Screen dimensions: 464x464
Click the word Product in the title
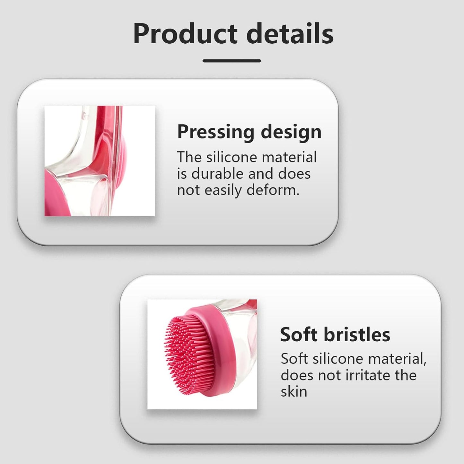(185, 34)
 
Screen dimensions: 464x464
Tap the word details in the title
(290, 34)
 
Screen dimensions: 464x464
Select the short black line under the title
(232, 61)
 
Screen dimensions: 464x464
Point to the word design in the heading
(291, 132)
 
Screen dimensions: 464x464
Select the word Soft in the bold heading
(299, 335)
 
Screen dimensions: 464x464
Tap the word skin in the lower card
(294, 392)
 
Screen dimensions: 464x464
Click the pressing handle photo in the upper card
(100, 161)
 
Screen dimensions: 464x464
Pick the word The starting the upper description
(189, 157)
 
